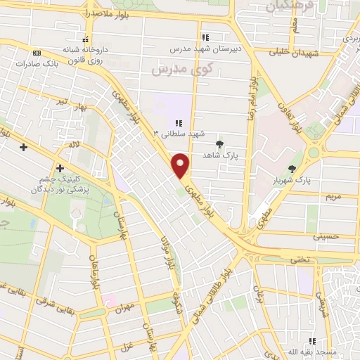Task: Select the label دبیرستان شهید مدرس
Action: click(x=205, y=50)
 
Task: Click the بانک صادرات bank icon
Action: click(x=37, y=53)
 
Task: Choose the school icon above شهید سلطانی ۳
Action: click(x=179, y=123)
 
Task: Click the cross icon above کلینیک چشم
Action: click(x=60, y=168)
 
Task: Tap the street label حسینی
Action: click(x=329, y=237)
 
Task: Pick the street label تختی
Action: click(x=300, y=259)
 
